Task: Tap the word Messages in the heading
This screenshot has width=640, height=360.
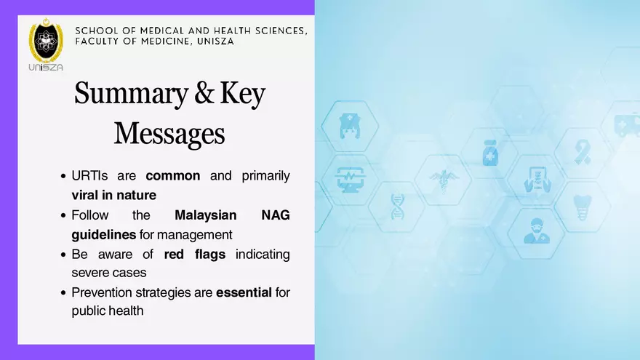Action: [169, 133]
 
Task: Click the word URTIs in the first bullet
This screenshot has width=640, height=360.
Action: [87, 176]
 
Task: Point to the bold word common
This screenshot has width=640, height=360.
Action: [172, 176]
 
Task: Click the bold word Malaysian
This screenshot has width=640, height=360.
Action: [207, 215]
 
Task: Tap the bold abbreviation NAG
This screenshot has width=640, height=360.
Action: [275, 215]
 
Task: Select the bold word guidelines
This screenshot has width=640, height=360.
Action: [103, 235]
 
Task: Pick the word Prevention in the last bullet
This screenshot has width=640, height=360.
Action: [101, 292]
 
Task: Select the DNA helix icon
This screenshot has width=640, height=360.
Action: [397, 206]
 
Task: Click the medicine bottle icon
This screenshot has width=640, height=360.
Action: [489, 153]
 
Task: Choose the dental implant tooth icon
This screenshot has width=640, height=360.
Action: [581, 207]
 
